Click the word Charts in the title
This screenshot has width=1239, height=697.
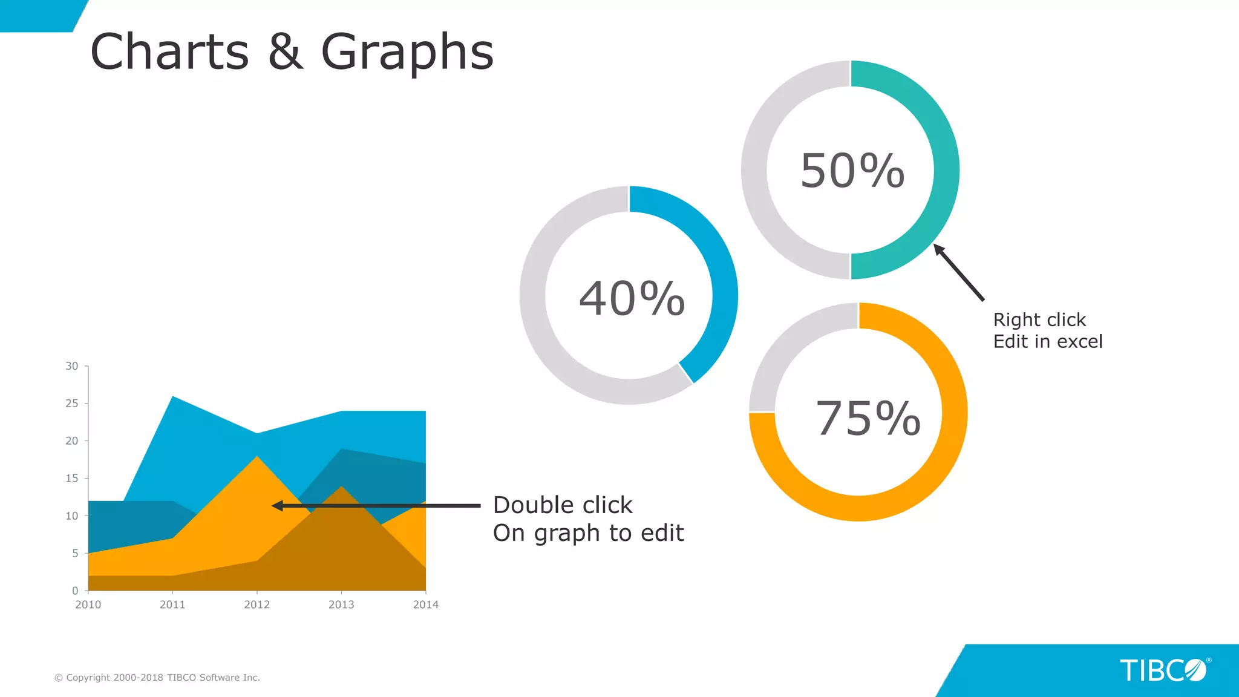169,52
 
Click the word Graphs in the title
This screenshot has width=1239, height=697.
407,53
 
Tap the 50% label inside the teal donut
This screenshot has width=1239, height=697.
852,171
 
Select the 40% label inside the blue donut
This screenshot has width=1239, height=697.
632,298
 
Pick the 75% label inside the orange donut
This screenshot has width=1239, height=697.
868,418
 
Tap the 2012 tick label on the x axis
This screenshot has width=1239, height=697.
257,604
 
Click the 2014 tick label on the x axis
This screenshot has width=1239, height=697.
425,604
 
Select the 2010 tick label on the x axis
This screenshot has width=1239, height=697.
88,604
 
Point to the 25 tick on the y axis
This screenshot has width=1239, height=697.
72,403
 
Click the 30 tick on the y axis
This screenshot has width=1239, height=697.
72,366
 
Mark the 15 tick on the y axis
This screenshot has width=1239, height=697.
72,478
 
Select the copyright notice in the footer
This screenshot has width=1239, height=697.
157,678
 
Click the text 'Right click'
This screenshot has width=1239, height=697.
1039,319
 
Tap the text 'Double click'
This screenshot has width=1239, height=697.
563,505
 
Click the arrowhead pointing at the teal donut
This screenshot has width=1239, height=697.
938,249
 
